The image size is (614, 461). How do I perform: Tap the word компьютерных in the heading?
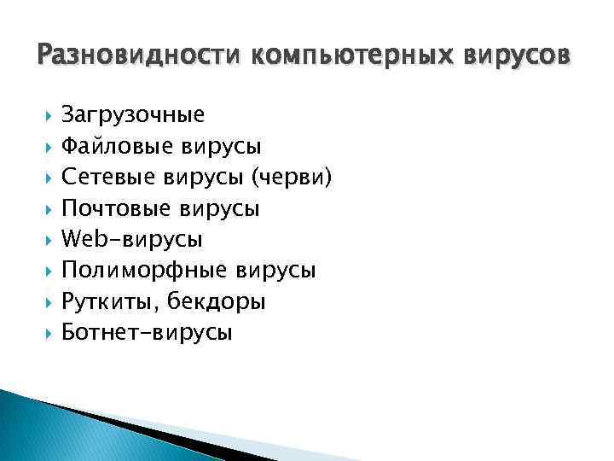352,56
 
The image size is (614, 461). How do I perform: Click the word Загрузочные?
133,114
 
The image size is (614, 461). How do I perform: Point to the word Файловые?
118,146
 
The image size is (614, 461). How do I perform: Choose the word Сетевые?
112,177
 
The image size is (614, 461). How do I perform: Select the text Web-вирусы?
132,240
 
